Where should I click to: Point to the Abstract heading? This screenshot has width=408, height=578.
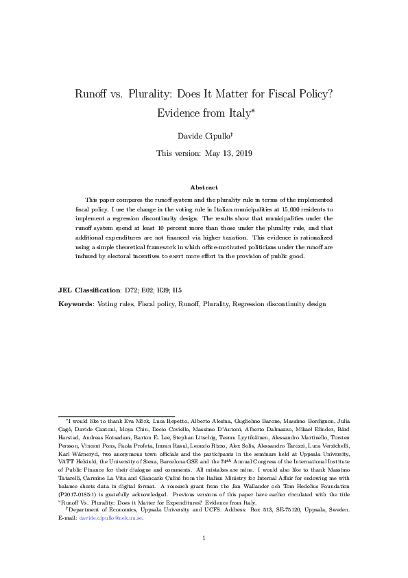(x=204, y=187)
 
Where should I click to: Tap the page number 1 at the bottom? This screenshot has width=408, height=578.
(x=204, y=557)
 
